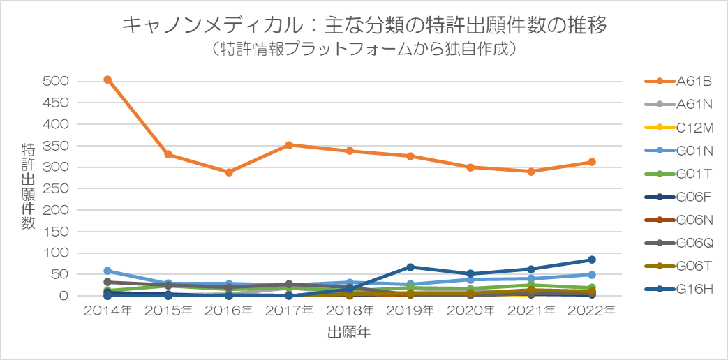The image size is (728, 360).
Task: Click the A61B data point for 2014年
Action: point(107,80)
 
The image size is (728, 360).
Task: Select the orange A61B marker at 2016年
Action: point(229,172)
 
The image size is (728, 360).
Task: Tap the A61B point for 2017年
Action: point(289,144)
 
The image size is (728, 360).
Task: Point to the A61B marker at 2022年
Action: point(592,162)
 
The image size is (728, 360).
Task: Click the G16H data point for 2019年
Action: point(410,267)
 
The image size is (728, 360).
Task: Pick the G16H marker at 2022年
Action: point(592,260)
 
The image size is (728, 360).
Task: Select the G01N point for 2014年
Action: point(107,271)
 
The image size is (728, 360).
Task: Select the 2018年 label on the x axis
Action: point(350,310)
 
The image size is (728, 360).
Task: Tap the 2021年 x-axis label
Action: point(531,310)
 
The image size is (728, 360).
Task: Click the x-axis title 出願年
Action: point(349,333)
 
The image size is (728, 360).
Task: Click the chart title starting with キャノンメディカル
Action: point(364,26)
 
